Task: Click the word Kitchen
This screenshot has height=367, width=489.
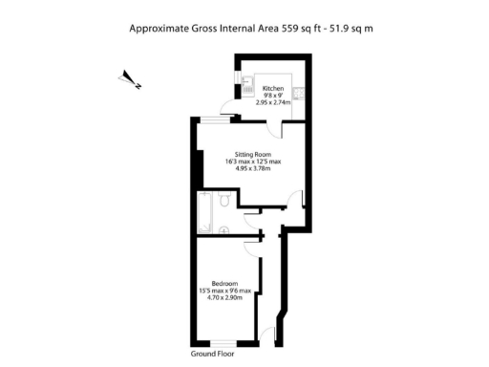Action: [273, 88]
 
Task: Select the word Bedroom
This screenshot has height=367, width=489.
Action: [224, 284]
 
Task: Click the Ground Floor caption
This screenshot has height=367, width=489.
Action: [211, 354]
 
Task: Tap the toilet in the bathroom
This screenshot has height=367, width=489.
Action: [222, 201]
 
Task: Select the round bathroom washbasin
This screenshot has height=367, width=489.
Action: [223, 228]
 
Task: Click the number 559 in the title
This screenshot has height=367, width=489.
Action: [290, 29]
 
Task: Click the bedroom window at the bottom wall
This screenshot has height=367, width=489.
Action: [224, 343]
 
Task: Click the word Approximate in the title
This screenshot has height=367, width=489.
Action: [159, 29]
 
